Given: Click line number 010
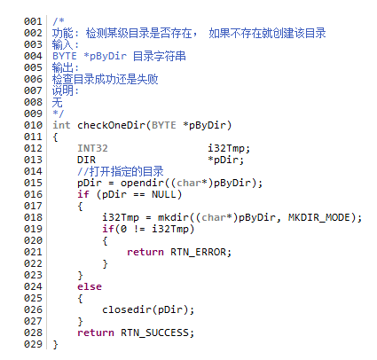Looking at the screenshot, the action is pyautogui.click(x=33, y=125).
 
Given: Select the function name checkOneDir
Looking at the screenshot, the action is pyautogui.click(x=112, y=125).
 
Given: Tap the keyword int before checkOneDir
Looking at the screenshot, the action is pyautogui.click(x=61, y=125).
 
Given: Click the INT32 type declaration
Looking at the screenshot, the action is pyautogui.click(x=92, y=148).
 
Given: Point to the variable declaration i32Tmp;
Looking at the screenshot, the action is pyautogui.click(x=229, y=148).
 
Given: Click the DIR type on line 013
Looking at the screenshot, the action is pyautogui.click(x=86, y=160).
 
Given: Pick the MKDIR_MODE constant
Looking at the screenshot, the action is pyautogui.click(x=319, y=217).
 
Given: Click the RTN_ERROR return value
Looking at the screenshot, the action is pyautogui.click(x=198, y=252).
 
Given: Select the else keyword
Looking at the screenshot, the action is pyautogui.click(x=90, y=286).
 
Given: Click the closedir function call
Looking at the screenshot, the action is pyautogui.click(x=127, y=309).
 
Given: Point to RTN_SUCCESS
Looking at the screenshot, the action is pyautogui.click(x=154, y=333).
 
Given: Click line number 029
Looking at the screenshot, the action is pyautogui.click(x=33, y=344).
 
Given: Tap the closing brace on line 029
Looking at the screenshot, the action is pyautogui.click(x=55, y=345).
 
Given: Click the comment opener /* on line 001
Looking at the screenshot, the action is pyautogui.click(x=59, y=21).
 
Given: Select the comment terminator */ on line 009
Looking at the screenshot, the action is pyautogui.click(x=59, y=113).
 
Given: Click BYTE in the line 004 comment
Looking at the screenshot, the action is pyautogui.click(x=65, y=56).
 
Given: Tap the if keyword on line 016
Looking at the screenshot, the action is pyautogui.click(x=83, y=194).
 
